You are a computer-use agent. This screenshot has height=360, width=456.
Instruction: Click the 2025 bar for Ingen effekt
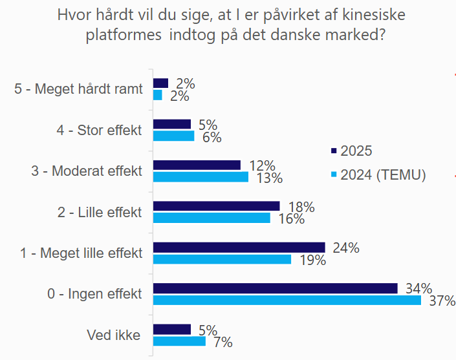275,288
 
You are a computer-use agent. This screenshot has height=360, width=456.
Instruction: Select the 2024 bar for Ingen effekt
287,301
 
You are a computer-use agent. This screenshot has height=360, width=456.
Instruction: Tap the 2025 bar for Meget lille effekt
239,248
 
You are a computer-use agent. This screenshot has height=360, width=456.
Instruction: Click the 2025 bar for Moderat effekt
197,165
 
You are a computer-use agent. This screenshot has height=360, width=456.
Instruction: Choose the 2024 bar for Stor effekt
173,136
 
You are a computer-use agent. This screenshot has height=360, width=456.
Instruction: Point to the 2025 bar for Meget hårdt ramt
160,83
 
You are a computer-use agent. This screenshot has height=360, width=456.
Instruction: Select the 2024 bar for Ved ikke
179,341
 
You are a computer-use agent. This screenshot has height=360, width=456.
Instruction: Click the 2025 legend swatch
334,151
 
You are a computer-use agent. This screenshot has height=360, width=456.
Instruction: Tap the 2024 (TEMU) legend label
383,175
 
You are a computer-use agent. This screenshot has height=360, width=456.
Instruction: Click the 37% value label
442,301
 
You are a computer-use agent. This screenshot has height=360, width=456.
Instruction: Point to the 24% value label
346,248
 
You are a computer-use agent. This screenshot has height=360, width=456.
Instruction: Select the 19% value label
312,260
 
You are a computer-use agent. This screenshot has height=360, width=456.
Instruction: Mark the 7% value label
222,342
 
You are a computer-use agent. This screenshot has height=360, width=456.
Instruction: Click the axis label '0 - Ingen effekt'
94,294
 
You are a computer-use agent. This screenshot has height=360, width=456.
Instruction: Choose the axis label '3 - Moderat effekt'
86,171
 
